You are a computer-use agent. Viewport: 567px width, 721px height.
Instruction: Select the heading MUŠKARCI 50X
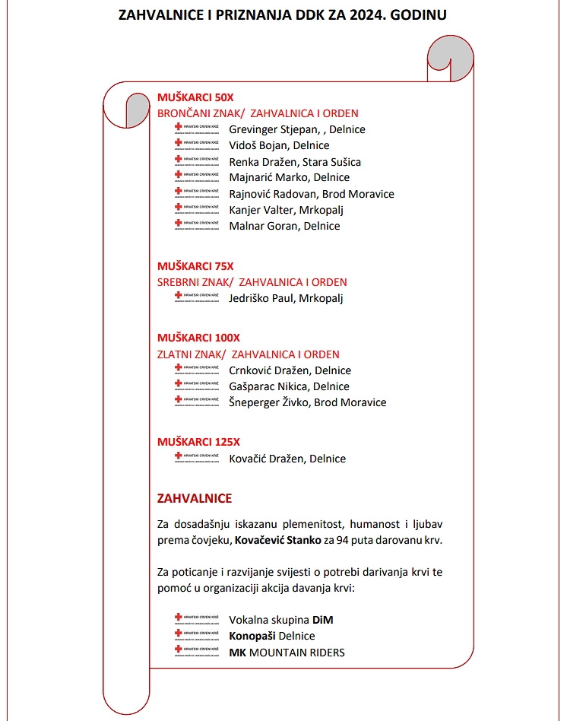(x=195, y=97)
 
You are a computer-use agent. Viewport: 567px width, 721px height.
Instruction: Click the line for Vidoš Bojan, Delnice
(x=279, y=145)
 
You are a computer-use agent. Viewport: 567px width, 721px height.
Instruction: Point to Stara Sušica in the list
(x=331, y=162)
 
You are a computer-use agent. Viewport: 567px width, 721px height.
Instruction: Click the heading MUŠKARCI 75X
(x=195, y=266)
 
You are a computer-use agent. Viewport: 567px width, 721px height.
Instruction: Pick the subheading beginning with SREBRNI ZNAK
(x=252, y=282)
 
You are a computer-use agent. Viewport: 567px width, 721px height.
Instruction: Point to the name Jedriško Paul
(x=261, y=298)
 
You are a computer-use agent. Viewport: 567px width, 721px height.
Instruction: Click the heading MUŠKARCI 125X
(x=198, y=442)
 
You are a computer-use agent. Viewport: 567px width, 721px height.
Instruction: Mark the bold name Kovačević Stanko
(x=277, y=541)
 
